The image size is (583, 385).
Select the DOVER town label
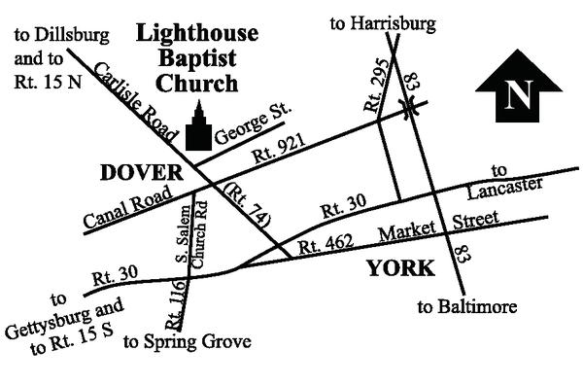coord(142,173)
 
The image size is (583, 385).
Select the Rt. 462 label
coord(326,243)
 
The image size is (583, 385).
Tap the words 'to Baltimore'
coord(467,308)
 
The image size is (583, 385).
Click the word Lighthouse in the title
coord(197,34)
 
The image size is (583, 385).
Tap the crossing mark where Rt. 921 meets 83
coord(412,110)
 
